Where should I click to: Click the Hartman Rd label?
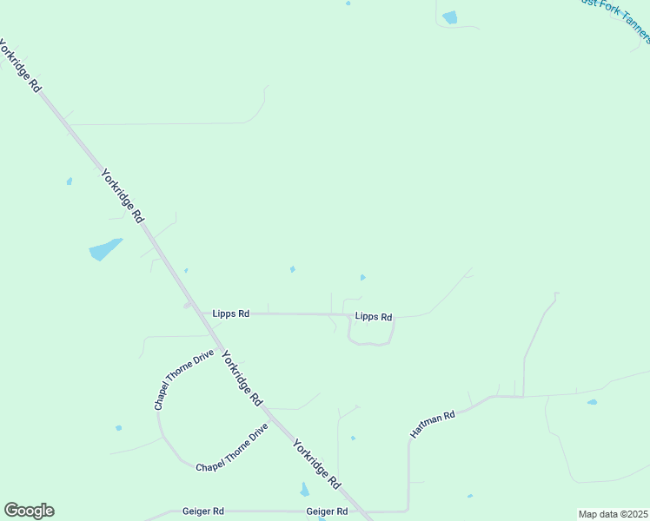[x=433, y=424]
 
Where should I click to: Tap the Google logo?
[x=29, y=511]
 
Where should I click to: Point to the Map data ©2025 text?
[x=614, y=514]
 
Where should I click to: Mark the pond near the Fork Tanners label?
[x=449, y=17]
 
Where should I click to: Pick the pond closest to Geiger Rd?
[x=304, y=490]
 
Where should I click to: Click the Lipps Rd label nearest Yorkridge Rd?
[x=231, y=313]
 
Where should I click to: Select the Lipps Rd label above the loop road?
[x=374, y=317]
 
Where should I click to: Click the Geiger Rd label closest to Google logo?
[x=203, y=511]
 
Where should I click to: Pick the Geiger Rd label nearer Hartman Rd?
[x=327, y=511]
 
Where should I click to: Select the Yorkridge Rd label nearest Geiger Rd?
[x=316, y=463]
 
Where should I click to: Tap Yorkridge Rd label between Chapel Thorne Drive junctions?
[x=242, y=378]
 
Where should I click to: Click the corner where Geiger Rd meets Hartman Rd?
[x=408, y=511]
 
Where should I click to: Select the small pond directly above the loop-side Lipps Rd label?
[x=362, y=278]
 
